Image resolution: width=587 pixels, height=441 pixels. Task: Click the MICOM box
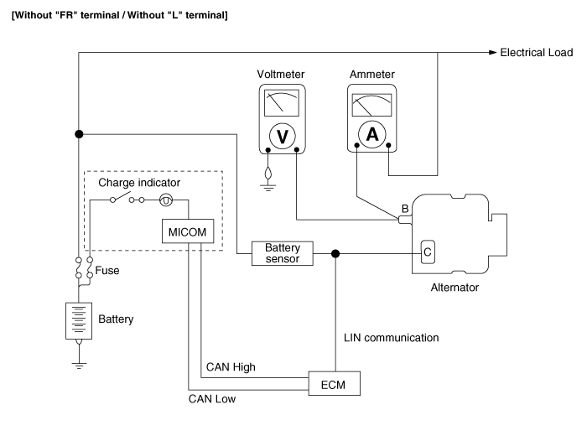[x=186, y=231]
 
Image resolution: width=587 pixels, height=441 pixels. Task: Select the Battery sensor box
[x=283, y=253]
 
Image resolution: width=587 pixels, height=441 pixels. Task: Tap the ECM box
[x=335, y=384]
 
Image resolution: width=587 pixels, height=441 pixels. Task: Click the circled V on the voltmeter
[x=282, y=135]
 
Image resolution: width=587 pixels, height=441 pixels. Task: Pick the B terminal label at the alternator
[x=405, y=208]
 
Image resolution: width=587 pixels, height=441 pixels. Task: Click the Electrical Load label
[x=537, y=53]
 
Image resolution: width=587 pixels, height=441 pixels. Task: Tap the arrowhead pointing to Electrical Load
[x=493, y=53]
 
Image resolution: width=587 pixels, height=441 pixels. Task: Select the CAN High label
[x=231, y=367]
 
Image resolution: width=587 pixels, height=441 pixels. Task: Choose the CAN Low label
[x=212, y=399]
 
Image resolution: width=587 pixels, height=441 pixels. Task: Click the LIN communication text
[x=392, y=338]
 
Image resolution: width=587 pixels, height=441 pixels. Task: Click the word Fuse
[x=107, y=271]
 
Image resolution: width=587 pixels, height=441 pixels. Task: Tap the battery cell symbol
[x=79, y=320]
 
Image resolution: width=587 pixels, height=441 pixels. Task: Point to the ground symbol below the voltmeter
[x=268, y=186]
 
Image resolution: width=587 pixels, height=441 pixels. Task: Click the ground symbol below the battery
[x=79, y=365]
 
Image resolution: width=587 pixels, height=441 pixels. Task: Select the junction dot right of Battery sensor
[x=335, y=253]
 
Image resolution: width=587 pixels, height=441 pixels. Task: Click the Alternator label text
[x=454, y=287]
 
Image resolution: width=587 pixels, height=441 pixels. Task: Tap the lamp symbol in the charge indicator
[x=166, y=200]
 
